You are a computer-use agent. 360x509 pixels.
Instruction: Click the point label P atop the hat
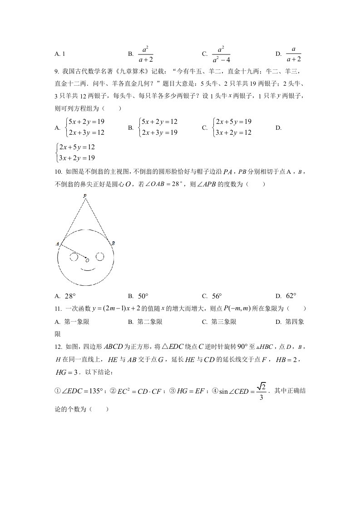click(x=85, y=196)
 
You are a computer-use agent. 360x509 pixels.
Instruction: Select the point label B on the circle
click(x=113, y=243)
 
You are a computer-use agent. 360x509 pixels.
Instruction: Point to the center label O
click(x=87, y=260)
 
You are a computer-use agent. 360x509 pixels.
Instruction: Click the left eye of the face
click(x=74, y=257)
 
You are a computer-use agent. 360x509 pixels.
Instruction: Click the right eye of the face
click(x=100, y=257)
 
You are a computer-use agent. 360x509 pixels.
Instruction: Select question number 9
click(x=57, y=71)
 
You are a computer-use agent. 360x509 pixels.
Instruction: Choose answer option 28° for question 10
click(x=70, y=296)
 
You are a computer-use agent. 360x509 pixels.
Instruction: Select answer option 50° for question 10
click(x=143, y=296)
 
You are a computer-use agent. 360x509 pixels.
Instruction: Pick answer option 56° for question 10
click(x=217, y=296)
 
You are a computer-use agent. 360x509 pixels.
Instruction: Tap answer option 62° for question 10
click(x=291, y=296)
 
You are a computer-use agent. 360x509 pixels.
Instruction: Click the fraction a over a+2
click(x=294, y=54)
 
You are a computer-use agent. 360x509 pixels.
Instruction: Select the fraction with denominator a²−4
click(x=221, y=54)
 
